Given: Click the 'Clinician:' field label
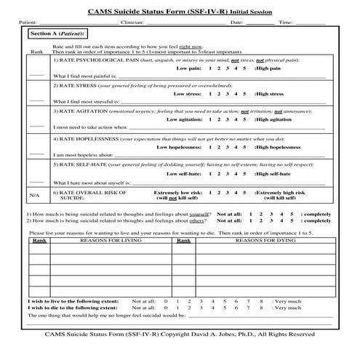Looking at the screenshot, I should [x=132, y=23].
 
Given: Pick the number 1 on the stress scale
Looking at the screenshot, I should [x=209, y=93].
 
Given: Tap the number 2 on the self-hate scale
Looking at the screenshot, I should [x=217, y=174].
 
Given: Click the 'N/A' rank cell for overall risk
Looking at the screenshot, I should [x=34, y=196].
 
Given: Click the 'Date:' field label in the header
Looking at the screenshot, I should [x=237, y=23].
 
